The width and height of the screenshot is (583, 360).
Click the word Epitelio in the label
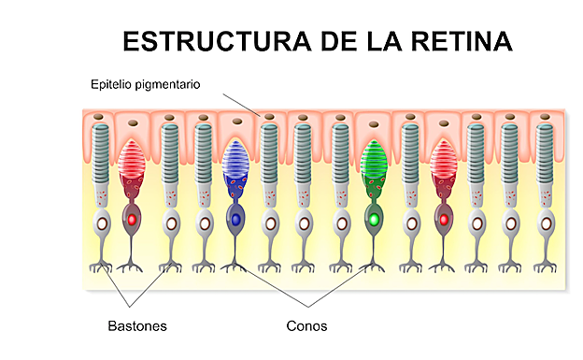click(111, 85)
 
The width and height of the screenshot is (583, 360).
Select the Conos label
click(306, 326)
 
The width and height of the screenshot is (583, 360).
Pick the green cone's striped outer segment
click(375, 160)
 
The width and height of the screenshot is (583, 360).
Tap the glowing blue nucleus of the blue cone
click(235, 219)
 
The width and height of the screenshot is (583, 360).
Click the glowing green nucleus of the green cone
click(375, 219)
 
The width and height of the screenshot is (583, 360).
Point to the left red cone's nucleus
click(133, 219)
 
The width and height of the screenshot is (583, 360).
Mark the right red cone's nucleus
click(444, 219)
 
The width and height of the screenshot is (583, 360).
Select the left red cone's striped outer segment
click(132, 160)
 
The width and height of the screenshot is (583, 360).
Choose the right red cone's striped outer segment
click(444, 160)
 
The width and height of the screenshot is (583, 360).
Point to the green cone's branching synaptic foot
click(375, 266)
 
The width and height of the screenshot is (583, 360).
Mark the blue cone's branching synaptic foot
click(235, 266)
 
